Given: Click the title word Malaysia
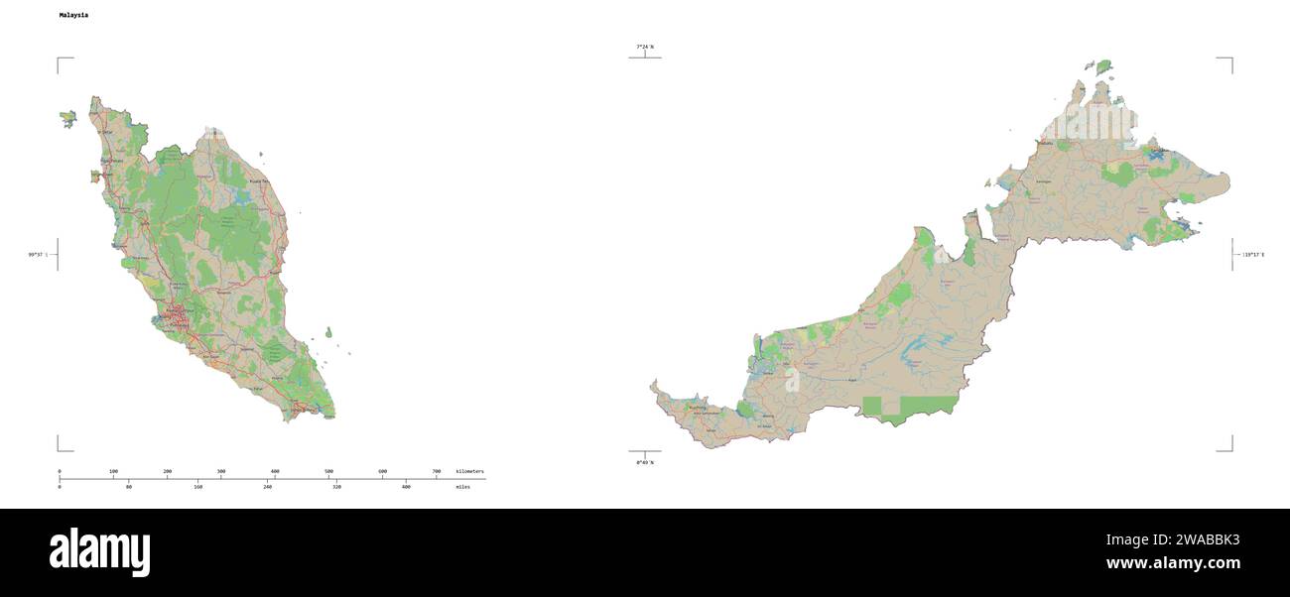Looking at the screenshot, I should (73, 16).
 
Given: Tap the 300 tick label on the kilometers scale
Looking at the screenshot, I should (220, 471).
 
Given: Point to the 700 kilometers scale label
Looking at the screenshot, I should (437, 471).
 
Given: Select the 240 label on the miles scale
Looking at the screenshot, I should (268, 487).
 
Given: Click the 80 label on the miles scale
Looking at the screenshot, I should (129, 487).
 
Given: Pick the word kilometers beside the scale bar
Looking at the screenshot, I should (469, 471).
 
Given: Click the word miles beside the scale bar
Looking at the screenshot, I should (462, 487).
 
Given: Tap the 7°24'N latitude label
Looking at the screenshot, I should (645, 47).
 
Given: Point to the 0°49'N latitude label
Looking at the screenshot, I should (645, 462).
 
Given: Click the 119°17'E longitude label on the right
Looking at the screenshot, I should (1253, 255).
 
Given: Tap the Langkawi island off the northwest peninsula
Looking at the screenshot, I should (67, 118).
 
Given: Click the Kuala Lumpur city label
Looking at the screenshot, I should (179, 311).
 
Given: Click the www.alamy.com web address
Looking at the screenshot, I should (1173, 563).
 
